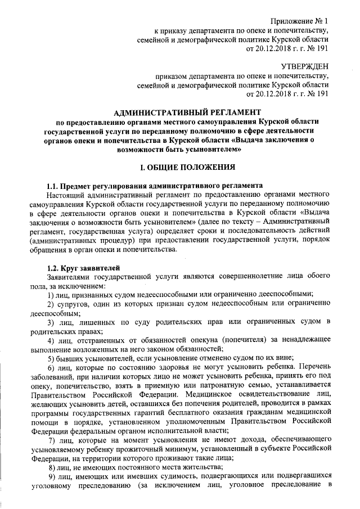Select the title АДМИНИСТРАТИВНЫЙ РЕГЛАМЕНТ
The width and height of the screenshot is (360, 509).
(184, 112)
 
